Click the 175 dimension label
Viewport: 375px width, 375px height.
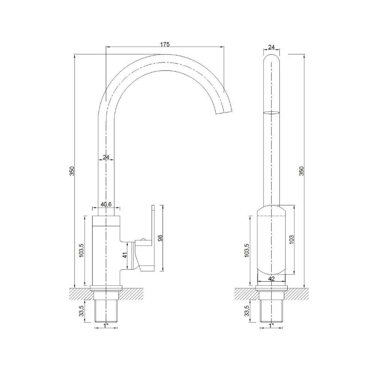[165, 44]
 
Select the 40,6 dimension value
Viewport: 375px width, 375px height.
[106, 204]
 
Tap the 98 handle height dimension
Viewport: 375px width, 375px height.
[160, 238]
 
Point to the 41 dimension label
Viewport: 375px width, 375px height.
[124, 255]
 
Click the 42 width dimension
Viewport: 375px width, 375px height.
[271, 278]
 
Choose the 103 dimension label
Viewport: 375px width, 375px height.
[291, 239]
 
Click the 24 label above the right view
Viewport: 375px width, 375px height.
[271, 47]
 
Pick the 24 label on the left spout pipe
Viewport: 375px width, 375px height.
[106, 157]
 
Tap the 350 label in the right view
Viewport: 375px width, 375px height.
[301, 171]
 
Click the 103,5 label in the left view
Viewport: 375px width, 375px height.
[81, 250]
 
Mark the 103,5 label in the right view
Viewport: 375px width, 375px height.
[247, 250]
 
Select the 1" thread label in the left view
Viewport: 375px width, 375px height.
[106, 325]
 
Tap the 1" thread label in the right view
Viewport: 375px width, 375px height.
[271, 325]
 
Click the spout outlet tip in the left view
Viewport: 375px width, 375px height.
[224, 112]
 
